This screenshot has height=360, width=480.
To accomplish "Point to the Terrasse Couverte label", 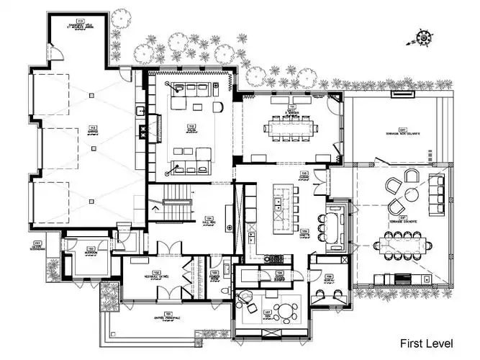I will pyautogui.click(x=394, y=219).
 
